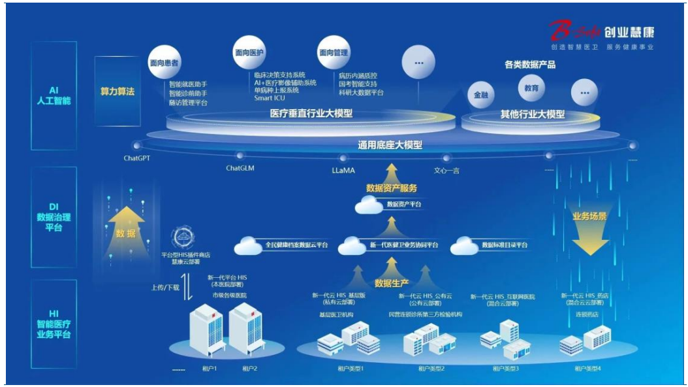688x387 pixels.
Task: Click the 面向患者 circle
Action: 164,63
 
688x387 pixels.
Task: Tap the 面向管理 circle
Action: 334,53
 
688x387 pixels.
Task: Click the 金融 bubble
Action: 481,95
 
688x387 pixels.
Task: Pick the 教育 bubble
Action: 531,87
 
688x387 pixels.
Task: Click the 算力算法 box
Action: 117,92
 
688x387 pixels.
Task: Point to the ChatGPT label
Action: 138,158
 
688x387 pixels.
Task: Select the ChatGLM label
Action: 240,167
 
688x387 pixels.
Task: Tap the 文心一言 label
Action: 447,170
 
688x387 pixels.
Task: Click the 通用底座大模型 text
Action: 390,145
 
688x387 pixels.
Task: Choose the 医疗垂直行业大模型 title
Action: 311,114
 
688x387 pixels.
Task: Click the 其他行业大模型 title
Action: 533,114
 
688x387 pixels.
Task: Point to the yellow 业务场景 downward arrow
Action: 590,236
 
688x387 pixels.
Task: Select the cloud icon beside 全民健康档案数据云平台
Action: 247,245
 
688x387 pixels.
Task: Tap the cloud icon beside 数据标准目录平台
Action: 464,245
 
